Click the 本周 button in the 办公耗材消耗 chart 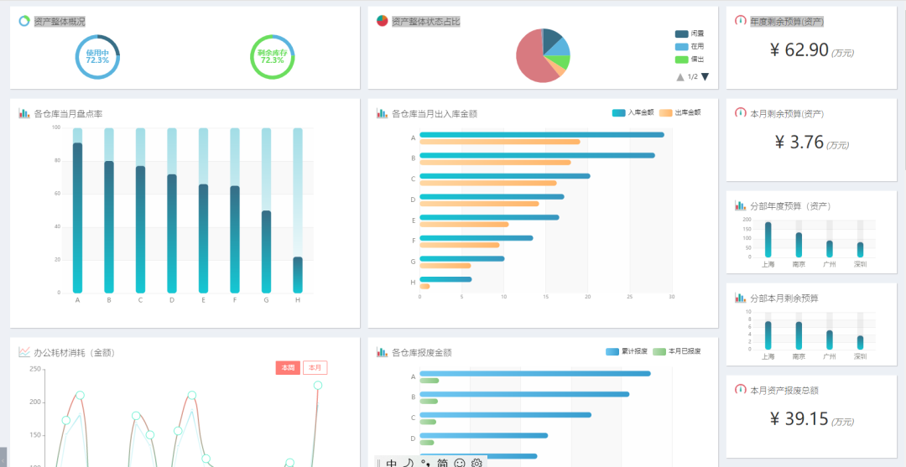click(288, 368)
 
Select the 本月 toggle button click(315, 368)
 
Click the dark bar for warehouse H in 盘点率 click(298, 275)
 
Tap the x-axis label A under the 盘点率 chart click(77, 300)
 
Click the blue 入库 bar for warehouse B click(537, 155)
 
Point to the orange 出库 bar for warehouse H click(424, 287)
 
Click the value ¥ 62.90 click(799, 49)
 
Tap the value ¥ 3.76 click(799, 143)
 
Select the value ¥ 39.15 click(799, 419)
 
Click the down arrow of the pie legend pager click(705, 77)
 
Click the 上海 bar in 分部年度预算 click(768, 240)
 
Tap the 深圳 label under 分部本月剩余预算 click(860, 356)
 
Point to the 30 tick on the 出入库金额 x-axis click(671, 296)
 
